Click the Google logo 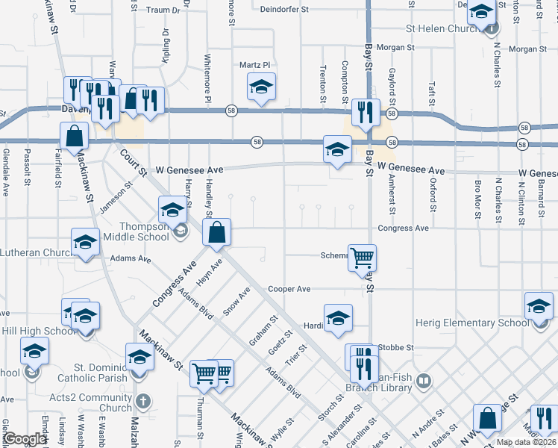[25, 439]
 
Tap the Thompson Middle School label [137, 231]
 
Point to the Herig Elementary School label [471, 323]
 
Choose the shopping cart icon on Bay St [363, 258]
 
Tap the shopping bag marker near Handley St [216, 232]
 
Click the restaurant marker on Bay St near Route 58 [366, 112]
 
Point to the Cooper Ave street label [289, 288]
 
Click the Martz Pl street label [254, 65]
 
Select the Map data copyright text [527, 442]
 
